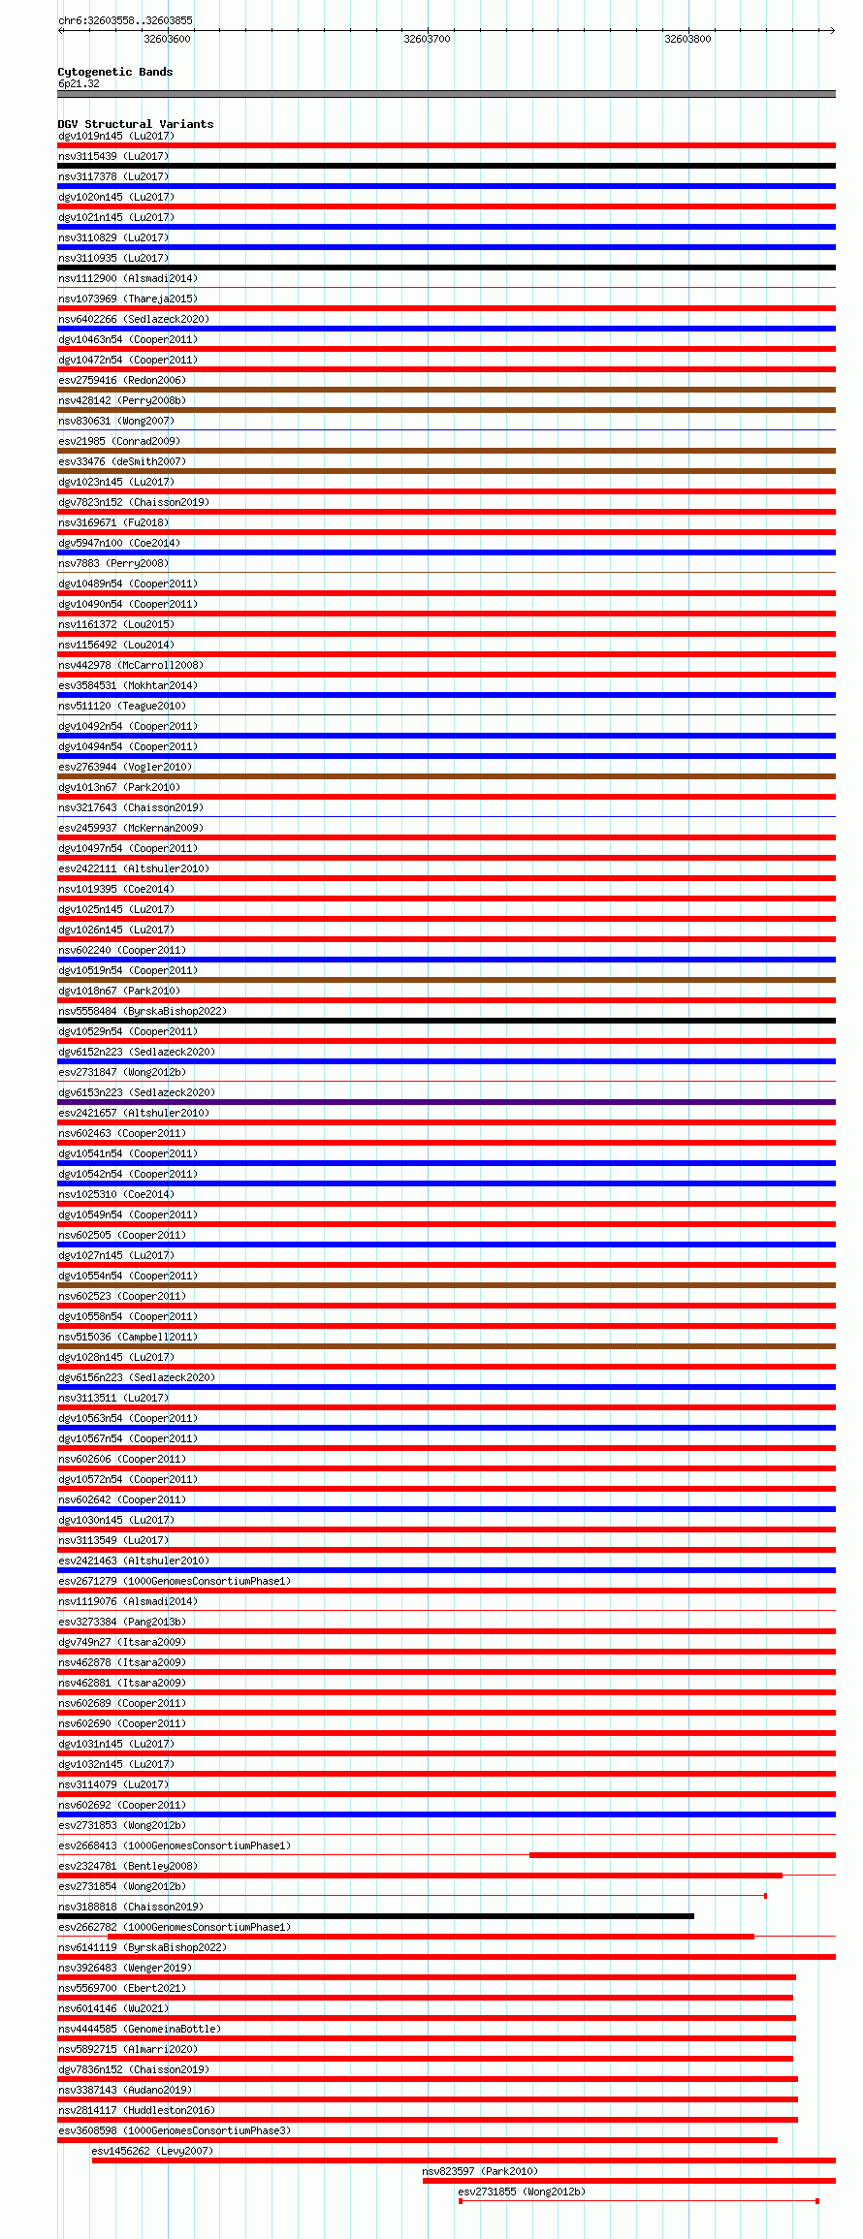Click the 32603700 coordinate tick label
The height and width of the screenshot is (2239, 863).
pos(427,39)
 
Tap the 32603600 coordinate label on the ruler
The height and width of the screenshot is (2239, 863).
pos(167,39)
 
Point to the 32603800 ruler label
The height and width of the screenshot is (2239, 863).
pos(687,39)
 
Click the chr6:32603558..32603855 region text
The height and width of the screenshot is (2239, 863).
pos(125,20)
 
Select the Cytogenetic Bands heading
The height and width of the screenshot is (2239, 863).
pos(114,72)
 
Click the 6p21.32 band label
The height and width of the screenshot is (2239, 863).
pos(79,83)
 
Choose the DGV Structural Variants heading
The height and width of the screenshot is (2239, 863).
pos(135,124)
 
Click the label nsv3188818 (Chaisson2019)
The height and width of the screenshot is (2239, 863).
pos(131,1907)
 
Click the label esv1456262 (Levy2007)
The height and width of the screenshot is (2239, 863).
pos(152,2151)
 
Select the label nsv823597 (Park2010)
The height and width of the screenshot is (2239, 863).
pos(480,2171)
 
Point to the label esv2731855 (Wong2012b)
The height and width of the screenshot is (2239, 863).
pos(522,2192)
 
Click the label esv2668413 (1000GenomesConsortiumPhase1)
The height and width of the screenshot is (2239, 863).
pos(175,1845)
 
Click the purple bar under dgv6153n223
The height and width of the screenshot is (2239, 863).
pos(446,1102)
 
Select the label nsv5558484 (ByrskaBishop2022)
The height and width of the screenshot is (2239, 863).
pos(143,1011)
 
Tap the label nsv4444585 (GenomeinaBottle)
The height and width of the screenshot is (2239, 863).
pos(140,2029)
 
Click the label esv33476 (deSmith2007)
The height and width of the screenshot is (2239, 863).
pos(122,461)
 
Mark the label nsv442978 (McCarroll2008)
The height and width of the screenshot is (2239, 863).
pos(131,665)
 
